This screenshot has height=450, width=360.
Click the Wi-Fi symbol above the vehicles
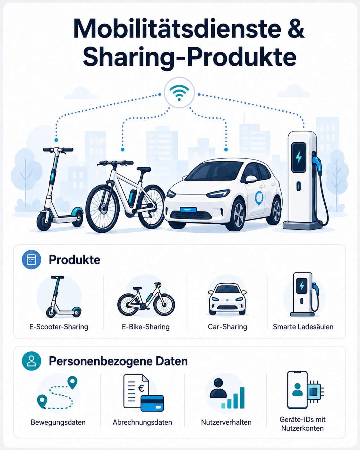(x=179, y=93)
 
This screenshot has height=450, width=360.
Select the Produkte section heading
(x=74, y=260)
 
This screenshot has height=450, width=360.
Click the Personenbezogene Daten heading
(x=118, y=361)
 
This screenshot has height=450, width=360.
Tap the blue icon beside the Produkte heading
(x=31, y=259)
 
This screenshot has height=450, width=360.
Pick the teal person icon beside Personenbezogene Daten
(x=31, y=361)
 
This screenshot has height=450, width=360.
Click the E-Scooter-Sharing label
(x=59, y=327)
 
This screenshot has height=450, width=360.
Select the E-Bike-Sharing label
(x=146, y=327)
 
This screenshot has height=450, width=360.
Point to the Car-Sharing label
(x=227, y=327)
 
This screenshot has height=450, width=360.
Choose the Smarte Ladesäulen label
(x=303, y=327)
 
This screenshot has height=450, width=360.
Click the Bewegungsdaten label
(x=58, y=422)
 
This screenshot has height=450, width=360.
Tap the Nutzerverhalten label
(x=226, y=422)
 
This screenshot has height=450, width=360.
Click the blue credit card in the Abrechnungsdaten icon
(x=152, y=403)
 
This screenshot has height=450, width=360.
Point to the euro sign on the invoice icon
(x=141, y=388)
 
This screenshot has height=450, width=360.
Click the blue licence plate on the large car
(x=188, y=210)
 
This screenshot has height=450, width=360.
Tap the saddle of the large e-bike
(x=144, y=169)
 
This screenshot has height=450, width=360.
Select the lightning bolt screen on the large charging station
(x=299, y=158)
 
